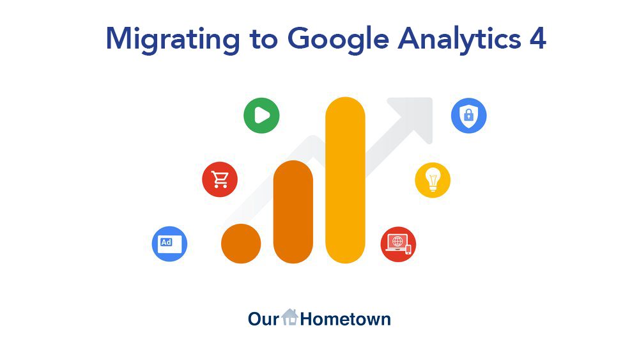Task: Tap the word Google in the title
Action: pyautogui.click(x=337, y=39)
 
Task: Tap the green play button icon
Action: pyautogui.click(x=261, y=116)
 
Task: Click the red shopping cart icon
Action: pyautogui.click(x=220, y=180)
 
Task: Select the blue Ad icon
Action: pyautogui.click(x=169, y=244)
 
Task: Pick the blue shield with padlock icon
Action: pyautogui.click(x=468, y=116)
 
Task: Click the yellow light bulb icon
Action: pyautogui.click(x=433, y=180)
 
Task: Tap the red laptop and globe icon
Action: pyautogui.click(x=398, y=244)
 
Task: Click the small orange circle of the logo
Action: pyautogui.click(x=241, y=244)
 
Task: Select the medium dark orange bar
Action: pyautogui.click(x=293, y=212)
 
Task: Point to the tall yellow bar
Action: pyautogui.click(x=345, y=180)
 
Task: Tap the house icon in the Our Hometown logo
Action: pyautogui.click(x=290, y=317)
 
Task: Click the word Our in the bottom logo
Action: pyautogui.click(x=264, y=318)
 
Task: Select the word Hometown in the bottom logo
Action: pyautogui.click(x=345, y=318)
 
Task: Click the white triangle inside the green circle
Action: pyautogui.click(x=262, y=116)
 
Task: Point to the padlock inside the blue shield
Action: pyautogui.click(x=468, y=116)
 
